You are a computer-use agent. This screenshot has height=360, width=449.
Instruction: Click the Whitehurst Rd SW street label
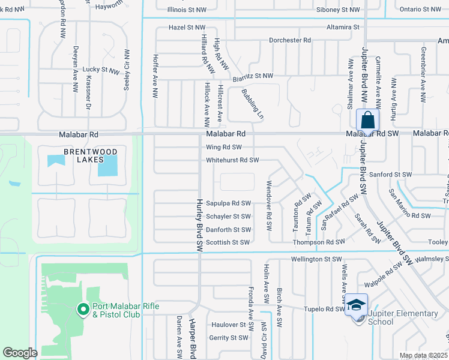tap(232, 160)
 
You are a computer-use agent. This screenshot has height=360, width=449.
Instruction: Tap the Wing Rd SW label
tap(224, 147)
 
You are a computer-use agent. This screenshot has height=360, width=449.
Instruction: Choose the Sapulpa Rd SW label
tap(228, 203)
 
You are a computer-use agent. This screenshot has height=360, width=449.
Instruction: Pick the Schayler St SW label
tap(228, 217)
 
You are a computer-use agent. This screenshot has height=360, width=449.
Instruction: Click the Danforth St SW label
tap(228, 230)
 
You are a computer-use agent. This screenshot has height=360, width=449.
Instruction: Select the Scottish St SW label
tap(228, 242)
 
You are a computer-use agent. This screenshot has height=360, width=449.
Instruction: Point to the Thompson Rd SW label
tap(319, 242)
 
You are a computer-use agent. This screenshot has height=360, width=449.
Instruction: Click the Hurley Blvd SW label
tap(197, 226)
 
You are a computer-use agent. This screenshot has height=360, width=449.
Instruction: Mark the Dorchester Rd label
tap(290, 40)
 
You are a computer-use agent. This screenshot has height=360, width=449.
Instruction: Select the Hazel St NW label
tap(187, 28)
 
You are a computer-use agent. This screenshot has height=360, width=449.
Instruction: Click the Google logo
tap(20, 353)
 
